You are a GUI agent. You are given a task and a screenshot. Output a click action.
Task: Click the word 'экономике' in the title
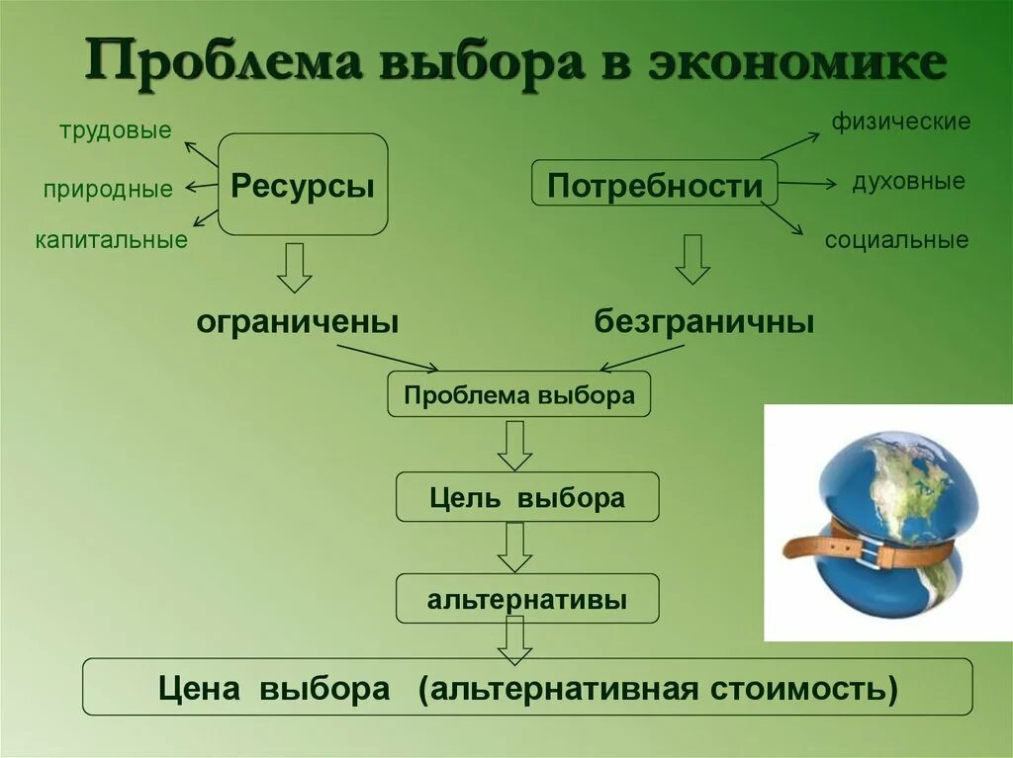tap(797, 65)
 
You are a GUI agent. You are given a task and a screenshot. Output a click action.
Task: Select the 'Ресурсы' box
tap(303, 185)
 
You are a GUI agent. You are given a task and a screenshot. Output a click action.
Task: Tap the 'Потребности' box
tap(655, 184)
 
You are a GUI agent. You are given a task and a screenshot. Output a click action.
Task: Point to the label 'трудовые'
tap(115, 130)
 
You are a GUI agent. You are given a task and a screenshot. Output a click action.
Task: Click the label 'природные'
tap(108, 189)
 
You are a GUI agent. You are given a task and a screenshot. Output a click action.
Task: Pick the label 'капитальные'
tap(112, 240)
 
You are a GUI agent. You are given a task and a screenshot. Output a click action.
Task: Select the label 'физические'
tap(900, 124)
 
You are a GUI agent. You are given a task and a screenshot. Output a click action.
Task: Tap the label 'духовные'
tap(908, 183)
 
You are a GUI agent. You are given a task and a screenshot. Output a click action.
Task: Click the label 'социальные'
tap(897, 240)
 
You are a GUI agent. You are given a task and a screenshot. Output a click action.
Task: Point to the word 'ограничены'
tap(298, 321)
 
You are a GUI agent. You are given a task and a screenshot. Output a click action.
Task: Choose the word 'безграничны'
tap(704, 321)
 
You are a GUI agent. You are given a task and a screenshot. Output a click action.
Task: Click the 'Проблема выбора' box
tap(519, 396)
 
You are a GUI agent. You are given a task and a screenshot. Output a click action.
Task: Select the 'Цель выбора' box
tap(527, 497)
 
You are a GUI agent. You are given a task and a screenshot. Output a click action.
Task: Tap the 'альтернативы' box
tap(527, 599)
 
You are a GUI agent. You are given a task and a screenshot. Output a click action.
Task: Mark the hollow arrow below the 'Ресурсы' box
tap(294, 267)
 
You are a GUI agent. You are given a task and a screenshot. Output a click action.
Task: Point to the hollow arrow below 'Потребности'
tap(692, 260)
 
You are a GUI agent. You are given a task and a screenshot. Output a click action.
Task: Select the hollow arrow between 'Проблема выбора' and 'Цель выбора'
tap(514, 446)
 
